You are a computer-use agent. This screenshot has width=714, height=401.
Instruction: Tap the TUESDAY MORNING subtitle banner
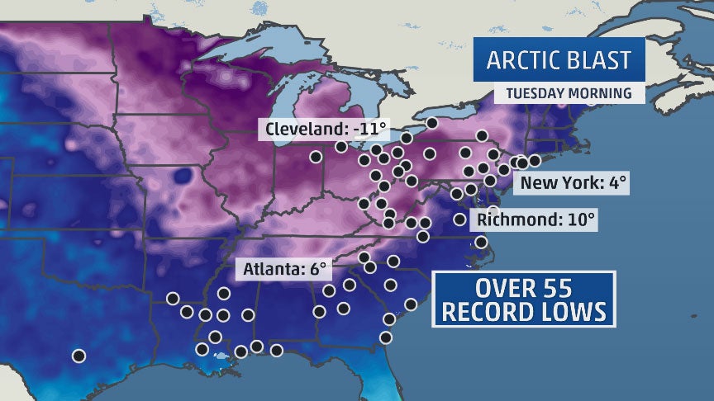pos(569,92)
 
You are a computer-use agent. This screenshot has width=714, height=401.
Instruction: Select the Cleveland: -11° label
pos(324,129)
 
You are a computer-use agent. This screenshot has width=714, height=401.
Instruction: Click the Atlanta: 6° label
pos(284,268)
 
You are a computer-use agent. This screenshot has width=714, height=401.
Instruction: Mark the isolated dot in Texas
pos(79,356)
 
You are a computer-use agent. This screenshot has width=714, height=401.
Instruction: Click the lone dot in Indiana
pos(316,156)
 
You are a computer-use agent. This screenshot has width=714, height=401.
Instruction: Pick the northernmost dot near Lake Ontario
pos(431,123)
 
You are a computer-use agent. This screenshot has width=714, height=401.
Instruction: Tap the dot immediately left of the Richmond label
pos(459,219)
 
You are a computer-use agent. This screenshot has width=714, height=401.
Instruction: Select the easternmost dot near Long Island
pos(534,159)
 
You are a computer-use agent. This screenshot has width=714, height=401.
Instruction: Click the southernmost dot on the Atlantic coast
pos(385,337)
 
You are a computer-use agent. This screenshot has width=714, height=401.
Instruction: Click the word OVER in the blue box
pos(505,290)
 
